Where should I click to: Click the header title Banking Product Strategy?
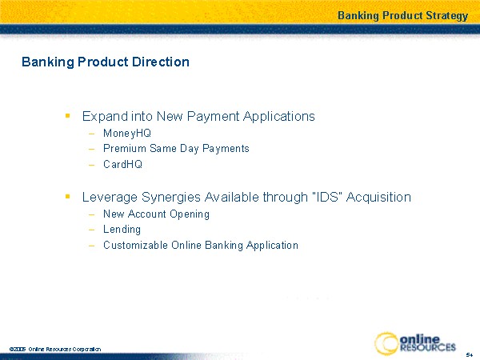click(402, 16)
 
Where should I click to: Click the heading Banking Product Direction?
click(106, 62)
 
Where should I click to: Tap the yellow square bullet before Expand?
click(68, 116)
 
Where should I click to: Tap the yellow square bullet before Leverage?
click(68, 196)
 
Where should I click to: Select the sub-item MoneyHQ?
click(127, 134)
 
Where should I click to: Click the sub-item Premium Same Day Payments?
click(176, 149)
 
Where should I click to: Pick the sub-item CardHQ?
click(122, 164)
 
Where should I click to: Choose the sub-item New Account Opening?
click(156, 214)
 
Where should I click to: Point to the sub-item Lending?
click(122, 230)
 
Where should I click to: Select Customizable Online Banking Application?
click(201, 246)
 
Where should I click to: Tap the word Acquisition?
click(378, 198)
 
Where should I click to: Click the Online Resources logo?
click(415, 343)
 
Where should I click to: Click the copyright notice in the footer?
click(55, 349)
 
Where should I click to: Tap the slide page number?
click(470, 354)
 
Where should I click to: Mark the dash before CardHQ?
click(91, 165)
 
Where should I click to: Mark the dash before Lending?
click(91, 230)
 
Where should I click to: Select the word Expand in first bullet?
click(105, 117)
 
